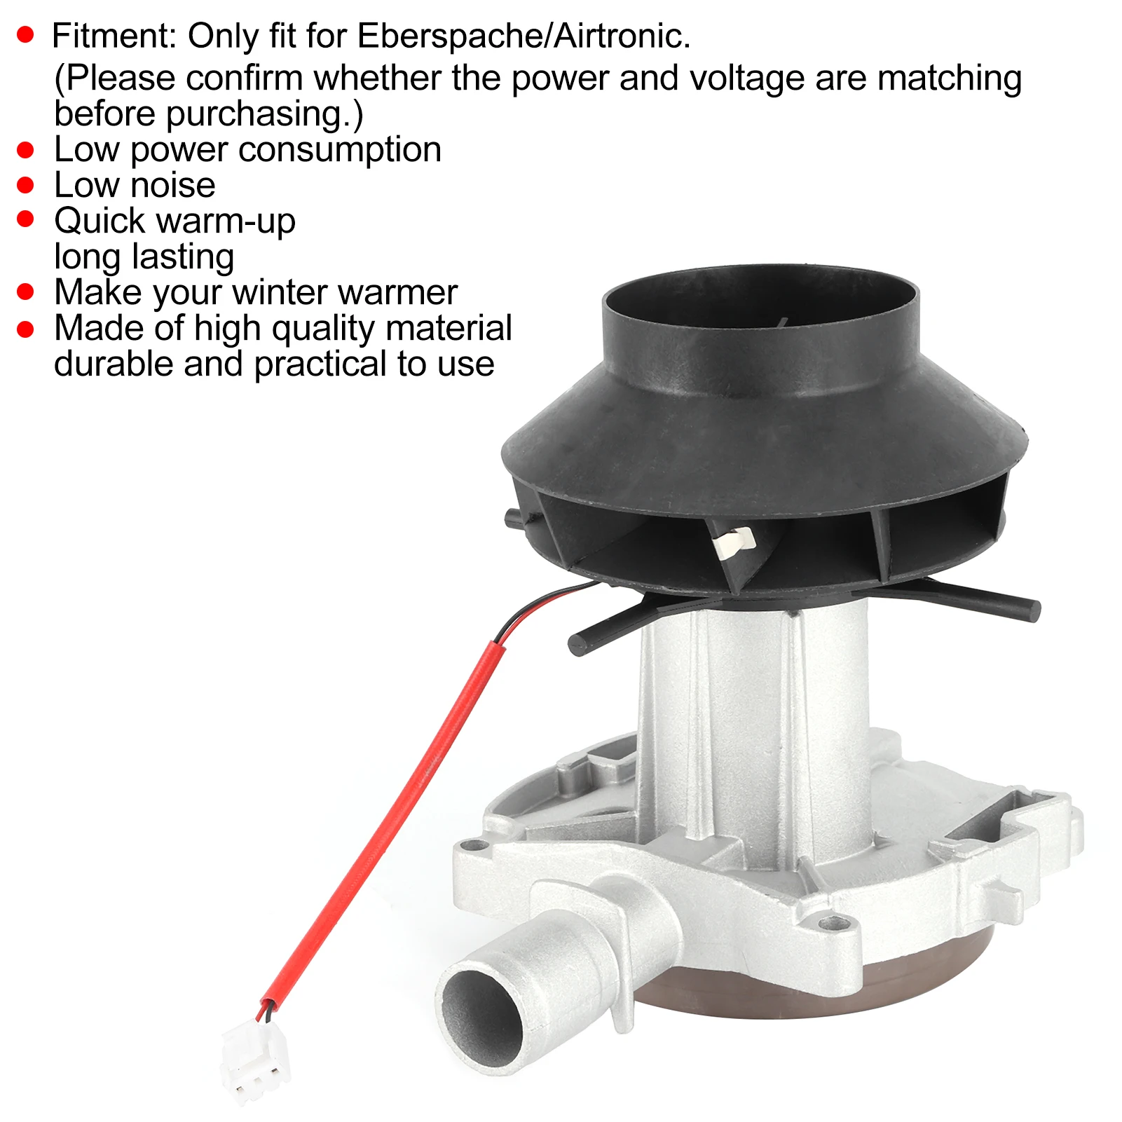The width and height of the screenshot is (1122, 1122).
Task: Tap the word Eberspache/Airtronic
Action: (524, 36)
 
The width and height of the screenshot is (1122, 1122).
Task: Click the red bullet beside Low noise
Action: (26, 186)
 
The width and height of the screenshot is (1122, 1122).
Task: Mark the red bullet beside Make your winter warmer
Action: (26, 292)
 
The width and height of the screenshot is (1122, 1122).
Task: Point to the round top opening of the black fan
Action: (760, 308)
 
